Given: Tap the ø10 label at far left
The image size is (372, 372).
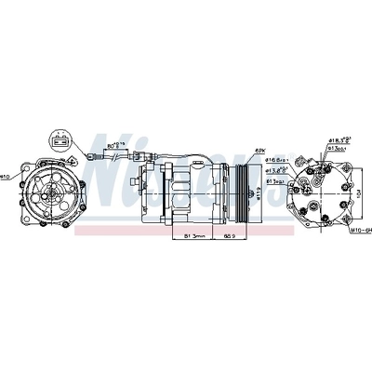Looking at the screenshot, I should (x=5, y=176).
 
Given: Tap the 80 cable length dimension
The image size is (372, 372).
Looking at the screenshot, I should (x=114, y=147).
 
